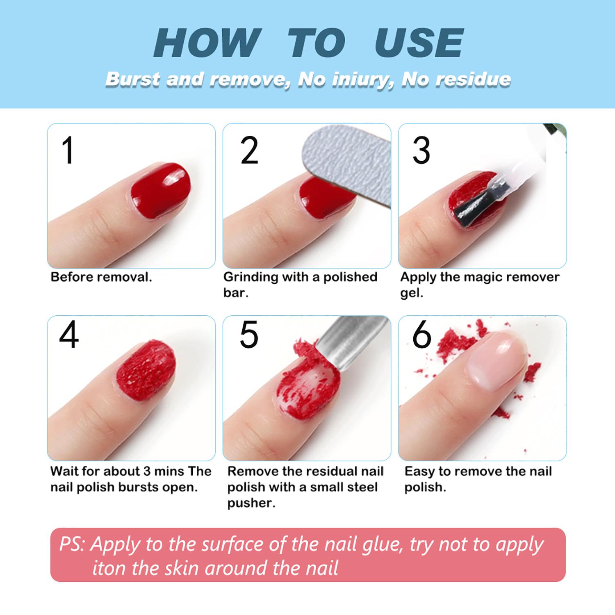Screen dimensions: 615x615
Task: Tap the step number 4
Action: pos(68,335)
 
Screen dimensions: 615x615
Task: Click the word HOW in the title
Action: pos(207,43)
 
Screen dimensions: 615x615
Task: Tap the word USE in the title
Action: pos(419,43)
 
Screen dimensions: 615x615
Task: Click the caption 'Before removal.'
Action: pos(101,277)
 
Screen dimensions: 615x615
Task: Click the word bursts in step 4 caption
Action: pos(139,487)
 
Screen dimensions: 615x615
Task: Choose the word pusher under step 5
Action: pos(251,503)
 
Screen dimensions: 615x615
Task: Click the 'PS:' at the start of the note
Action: pos(72,544)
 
